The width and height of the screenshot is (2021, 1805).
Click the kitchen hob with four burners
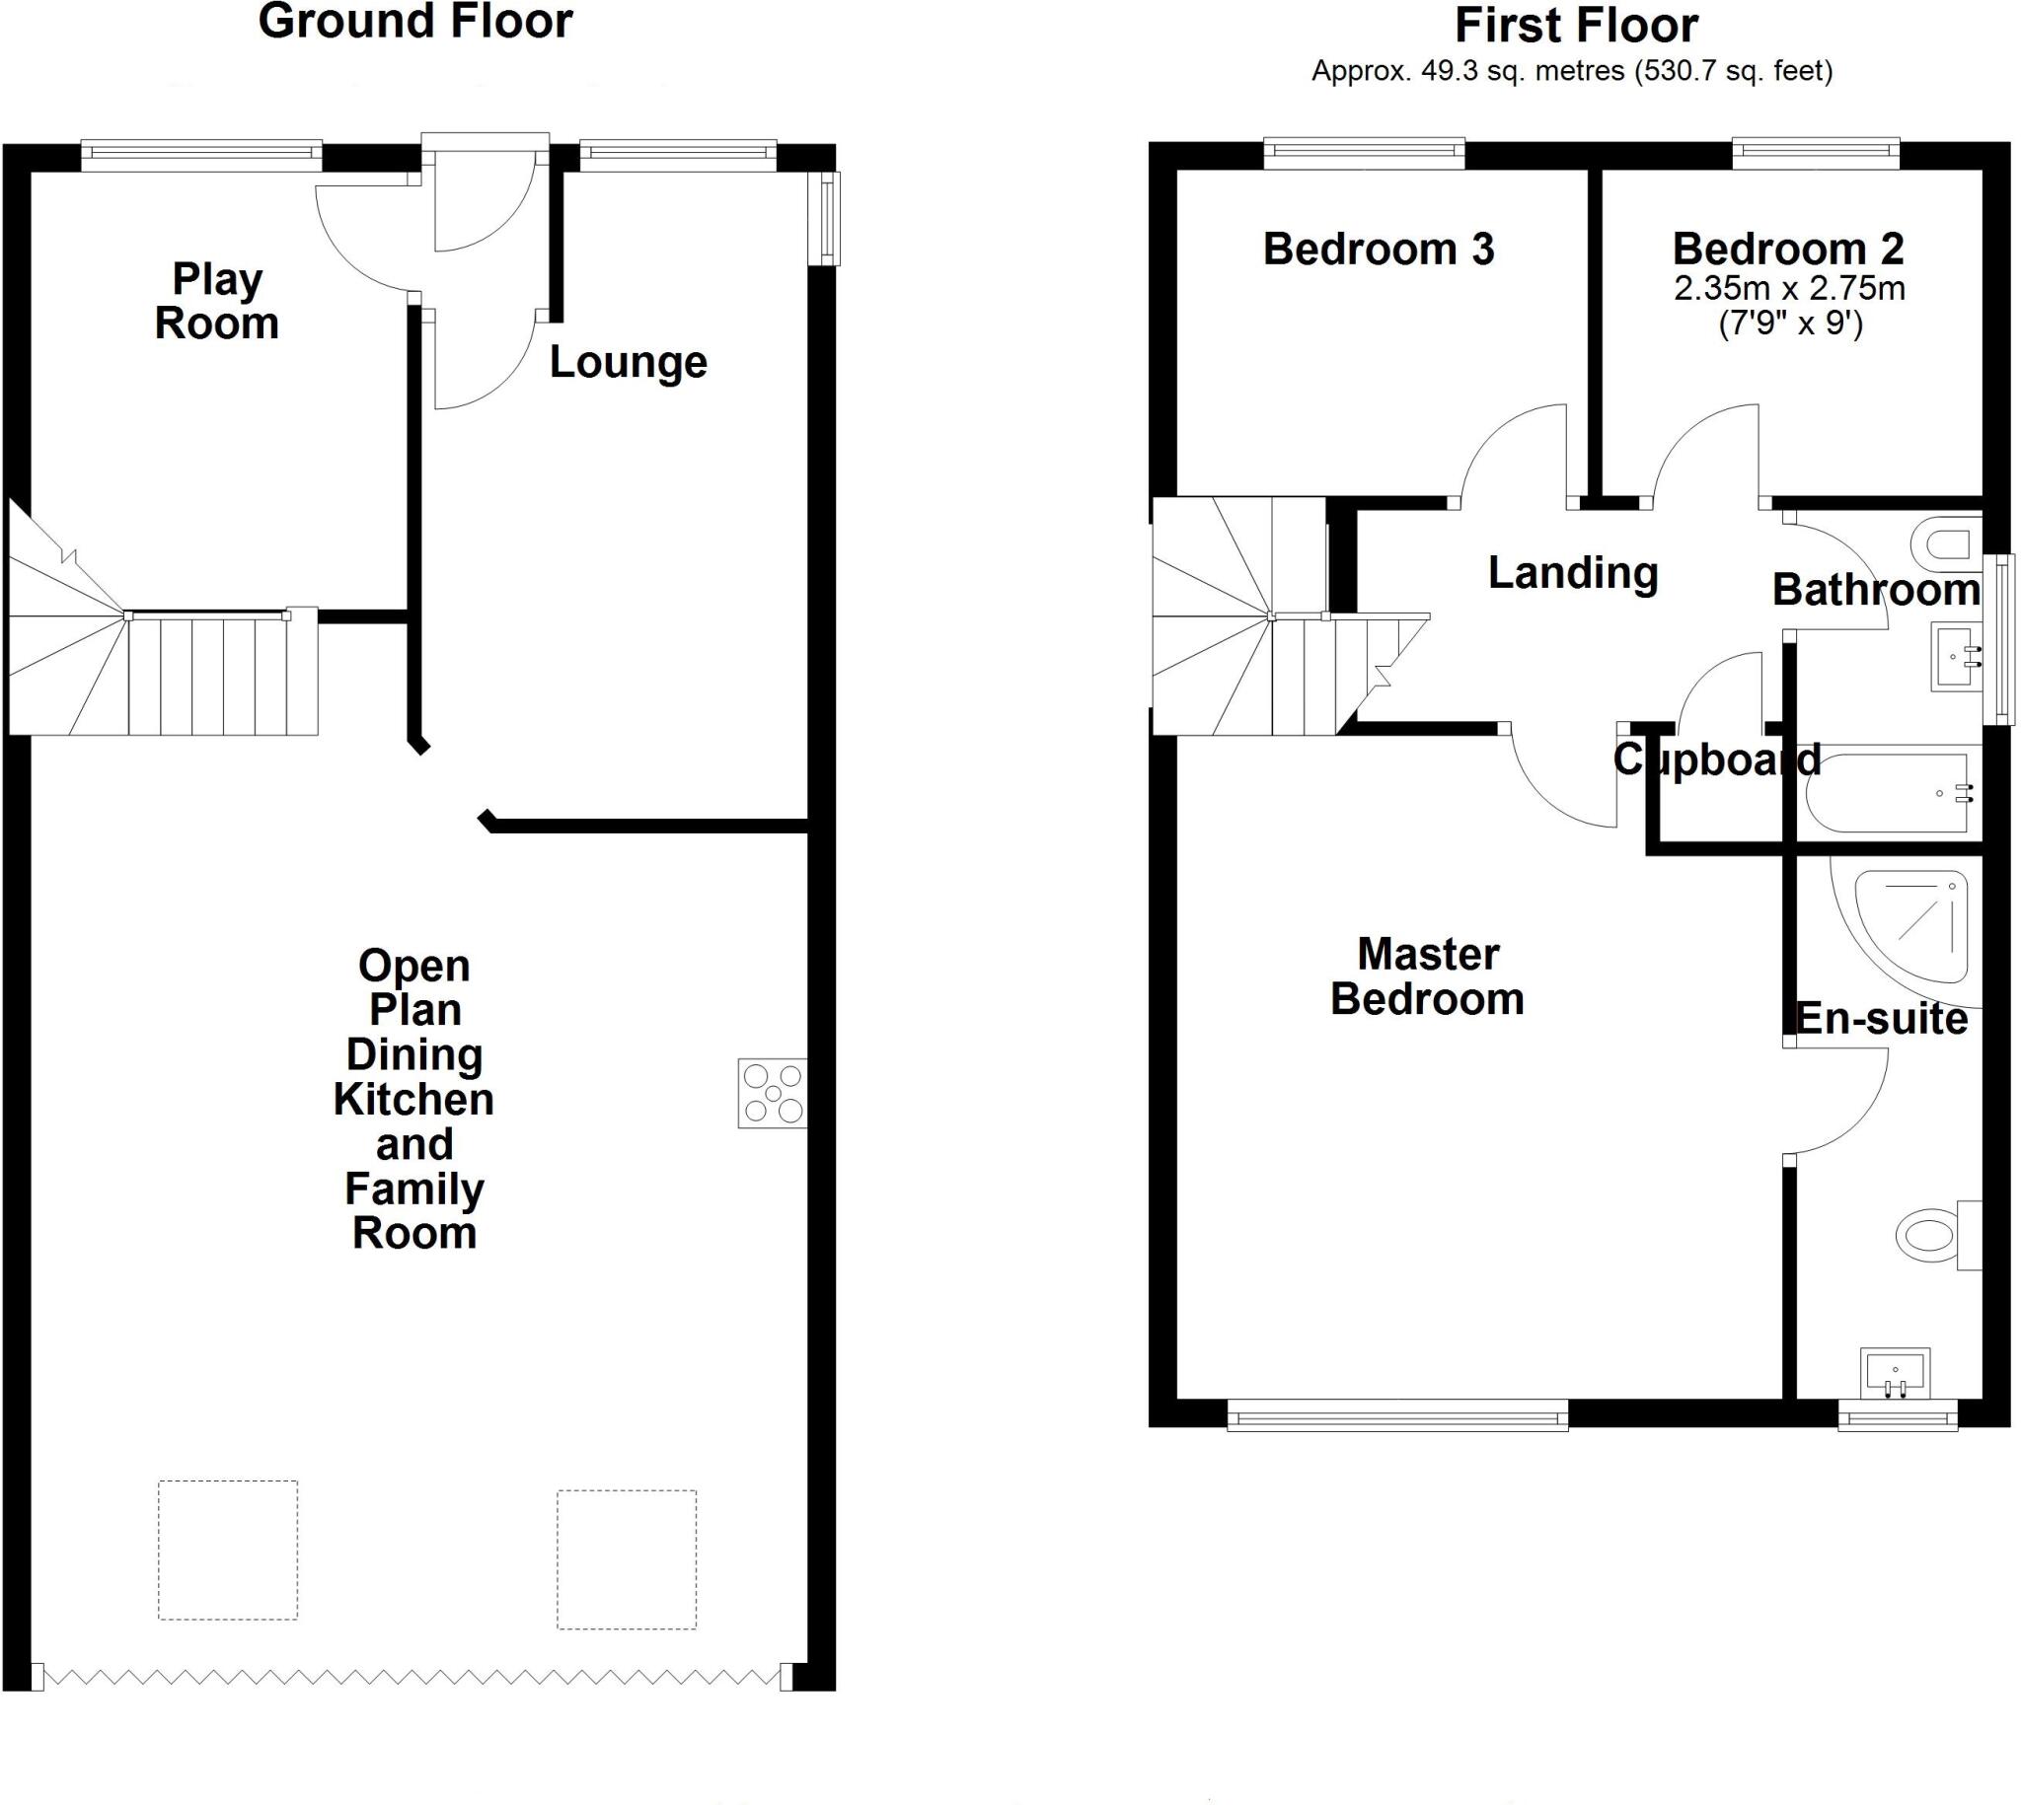coord(772,1093)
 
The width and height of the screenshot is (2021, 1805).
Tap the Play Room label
coord(216,302)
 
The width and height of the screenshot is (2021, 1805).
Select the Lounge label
coord(628,363)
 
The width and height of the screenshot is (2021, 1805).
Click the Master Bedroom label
coord(1427,976)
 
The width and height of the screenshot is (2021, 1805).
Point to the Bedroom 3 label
coord(1379,249)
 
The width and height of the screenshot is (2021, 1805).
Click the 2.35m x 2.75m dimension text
coord(1789,289)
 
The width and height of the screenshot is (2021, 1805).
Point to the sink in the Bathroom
coord(1955,656)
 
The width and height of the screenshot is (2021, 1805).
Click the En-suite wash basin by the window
coord(1894,1373)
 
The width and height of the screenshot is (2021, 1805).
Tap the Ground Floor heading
coord(414,22)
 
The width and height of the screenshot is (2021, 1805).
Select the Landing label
coord(1573,573)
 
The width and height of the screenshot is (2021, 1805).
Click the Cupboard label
coord(1716,760)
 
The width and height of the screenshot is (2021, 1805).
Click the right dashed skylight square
coord(626,1559)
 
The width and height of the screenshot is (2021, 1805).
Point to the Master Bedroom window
coord(1397,1415)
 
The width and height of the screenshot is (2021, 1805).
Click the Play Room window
coord(201,152)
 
